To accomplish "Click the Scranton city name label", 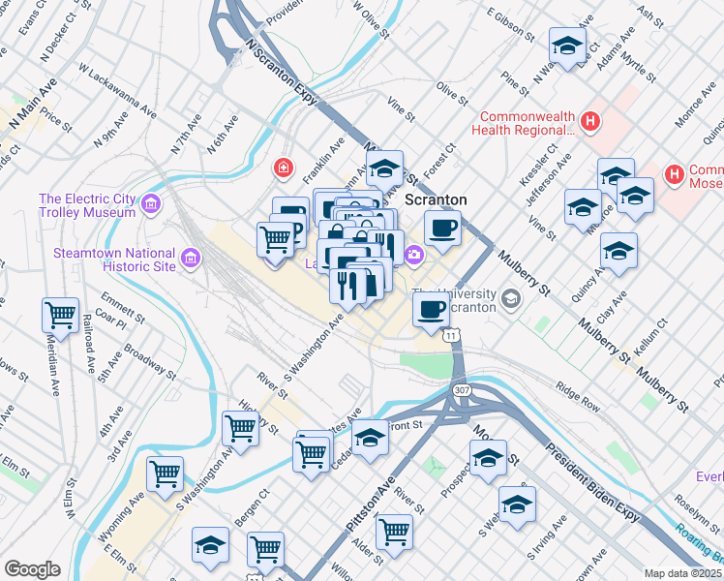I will click(x=436, y=199).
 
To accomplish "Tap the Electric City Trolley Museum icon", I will click(x=151, y=204).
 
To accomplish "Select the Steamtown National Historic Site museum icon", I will click(x=190, y=259).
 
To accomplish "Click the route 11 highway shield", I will click(x=452, y=335).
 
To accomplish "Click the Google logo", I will click(x=32, y=569).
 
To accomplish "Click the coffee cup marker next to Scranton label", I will click(x=442, y=228).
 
